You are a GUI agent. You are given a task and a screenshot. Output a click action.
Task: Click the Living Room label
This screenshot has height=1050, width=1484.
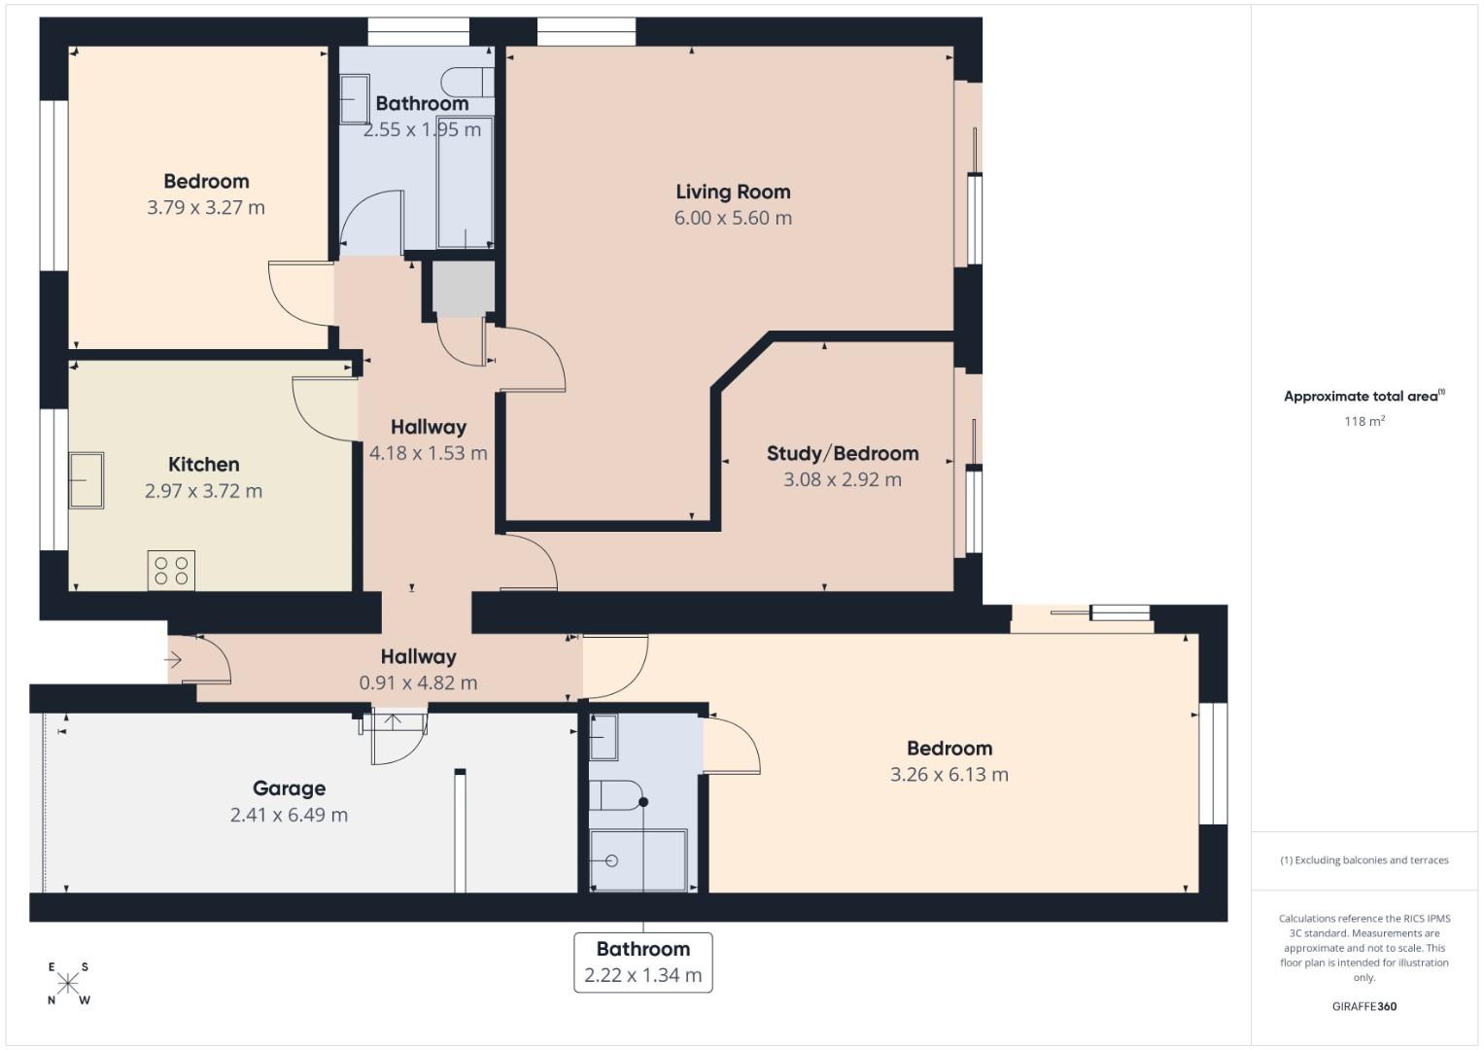pos(733,192)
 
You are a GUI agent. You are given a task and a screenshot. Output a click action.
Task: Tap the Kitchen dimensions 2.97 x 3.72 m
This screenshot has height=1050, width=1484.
pos(203,491)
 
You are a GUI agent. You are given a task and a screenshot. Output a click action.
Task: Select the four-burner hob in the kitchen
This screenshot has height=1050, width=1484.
pos(171,571)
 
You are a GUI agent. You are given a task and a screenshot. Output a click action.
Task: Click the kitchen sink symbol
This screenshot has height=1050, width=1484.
pos(86,480)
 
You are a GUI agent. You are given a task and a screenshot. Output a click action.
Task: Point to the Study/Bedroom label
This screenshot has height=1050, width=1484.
pos(842,453)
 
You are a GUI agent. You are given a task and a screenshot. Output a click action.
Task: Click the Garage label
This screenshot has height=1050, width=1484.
pos(289,788)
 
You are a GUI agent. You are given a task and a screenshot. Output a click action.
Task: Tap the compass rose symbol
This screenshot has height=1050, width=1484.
pos(68,984)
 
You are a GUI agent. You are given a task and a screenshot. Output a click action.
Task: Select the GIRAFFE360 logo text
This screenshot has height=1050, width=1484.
pos(1363,1006)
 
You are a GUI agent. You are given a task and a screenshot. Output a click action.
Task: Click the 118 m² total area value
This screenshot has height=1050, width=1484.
pos(1363,421)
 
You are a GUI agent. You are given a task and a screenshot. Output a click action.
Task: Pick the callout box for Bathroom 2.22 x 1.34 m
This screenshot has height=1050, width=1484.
pos(642,962)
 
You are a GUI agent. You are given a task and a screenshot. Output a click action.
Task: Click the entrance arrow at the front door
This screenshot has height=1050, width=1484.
pos(174,661)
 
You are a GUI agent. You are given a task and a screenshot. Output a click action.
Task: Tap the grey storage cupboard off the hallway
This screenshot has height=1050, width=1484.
pos(463,288)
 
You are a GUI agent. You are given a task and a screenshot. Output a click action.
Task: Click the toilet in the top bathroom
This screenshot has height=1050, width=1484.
pos(466,82)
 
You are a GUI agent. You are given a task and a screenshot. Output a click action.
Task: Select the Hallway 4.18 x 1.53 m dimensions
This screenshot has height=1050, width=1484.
pos(428,453)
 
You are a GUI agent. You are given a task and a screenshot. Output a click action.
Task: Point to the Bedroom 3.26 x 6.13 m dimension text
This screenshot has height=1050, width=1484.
pos(949,775)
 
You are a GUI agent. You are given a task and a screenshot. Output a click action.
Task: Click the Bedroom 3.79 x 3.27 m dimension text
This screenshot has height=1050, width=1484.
pos(205,207)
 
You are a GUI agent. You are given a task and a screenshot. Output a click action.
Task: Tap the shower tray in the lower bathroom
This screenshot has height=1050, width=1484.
pos(638,859)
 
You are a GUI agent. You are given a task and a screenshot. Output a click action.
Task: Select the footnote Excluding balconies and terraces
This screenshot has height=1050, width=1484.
pos(1363,860)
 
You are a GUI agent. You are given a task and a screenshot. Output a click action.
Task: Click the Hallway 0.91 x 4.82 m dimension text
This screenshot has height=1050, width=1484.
pos(418,682)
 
